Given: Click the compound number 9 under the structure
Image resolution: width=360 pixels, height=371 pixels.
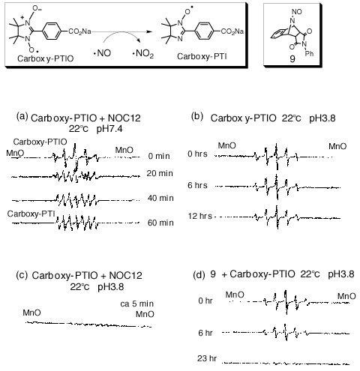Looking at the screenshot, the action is pos(292,58).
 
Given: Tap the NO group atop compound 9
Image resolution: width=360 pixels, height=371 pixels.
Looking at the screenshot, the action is pos(297,12).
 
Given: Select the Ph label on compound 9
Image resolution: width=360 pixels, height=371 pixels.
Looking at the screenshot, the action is pos(309,53).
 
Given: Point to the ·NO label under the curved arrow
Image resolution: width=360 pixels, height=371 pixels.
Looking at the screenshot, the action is pos(102,53).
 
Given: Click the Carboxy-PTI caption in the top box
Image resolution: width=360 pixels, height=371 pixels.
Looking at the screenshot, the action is pos(202,56).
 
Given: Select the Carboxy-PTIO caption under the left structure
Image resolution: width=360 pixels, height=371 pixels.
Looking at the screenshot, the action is pos(46,58).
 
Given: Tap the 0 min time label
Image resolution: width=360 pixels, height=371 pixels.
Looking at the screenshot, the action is pos(159,156).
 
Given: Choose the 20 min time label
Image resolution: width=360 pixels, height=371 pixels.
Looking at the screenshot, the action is pos(160,173).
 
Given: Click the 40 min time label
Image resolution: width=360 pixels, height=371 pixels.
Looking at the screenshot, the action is pos(160,198).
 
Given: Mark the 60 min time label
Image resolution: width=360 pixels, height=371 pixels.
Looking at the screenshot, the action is pos(160,223).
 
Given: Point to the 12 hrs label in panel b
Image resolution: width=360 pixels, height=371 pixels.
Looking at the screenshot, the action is pos(200,216).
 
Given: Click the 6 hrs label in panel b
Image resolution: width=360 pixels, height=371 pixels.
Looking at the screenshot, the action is pos(197,185).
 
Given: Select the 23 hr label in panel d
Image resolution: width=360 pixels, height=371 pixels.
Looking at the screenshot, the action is pos(207,358).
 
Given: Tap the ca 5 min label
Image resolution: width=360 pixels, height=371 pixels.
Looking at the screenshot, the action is pos(137,304).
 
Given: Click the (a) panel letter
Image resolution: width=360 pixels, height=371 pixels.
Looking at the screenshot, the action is pos(22,116).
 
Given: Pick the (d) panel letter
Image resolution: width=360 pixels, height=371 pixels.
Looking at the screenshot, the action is pos(199,275).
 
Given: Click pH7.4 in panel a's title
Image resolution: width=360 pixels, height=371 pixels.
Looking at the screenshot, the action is pos(109,129).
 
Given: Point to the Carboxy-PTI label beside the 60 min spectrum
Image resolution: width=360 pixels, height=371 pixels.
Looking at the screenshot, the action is pos(31,214).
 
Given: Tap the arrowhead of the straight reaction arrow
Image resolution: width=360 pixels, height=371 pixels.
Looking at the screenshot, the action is pos(149,31).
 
